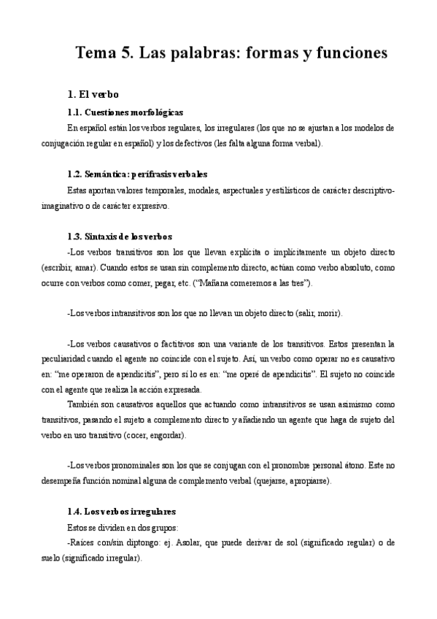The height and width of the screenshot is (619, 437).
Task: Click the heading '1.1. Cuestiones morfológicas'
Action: [x=124, y=112]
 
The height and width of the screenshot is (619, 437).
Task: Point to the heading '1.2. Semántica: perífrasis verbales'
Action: [x=136, y=174]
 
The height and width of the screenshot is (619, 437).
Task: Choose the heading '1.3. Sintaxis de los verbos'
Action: [x=118, y=237]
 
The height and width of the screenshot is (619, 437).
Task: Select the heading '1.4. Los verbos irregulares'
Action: [x=120, y=512]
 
